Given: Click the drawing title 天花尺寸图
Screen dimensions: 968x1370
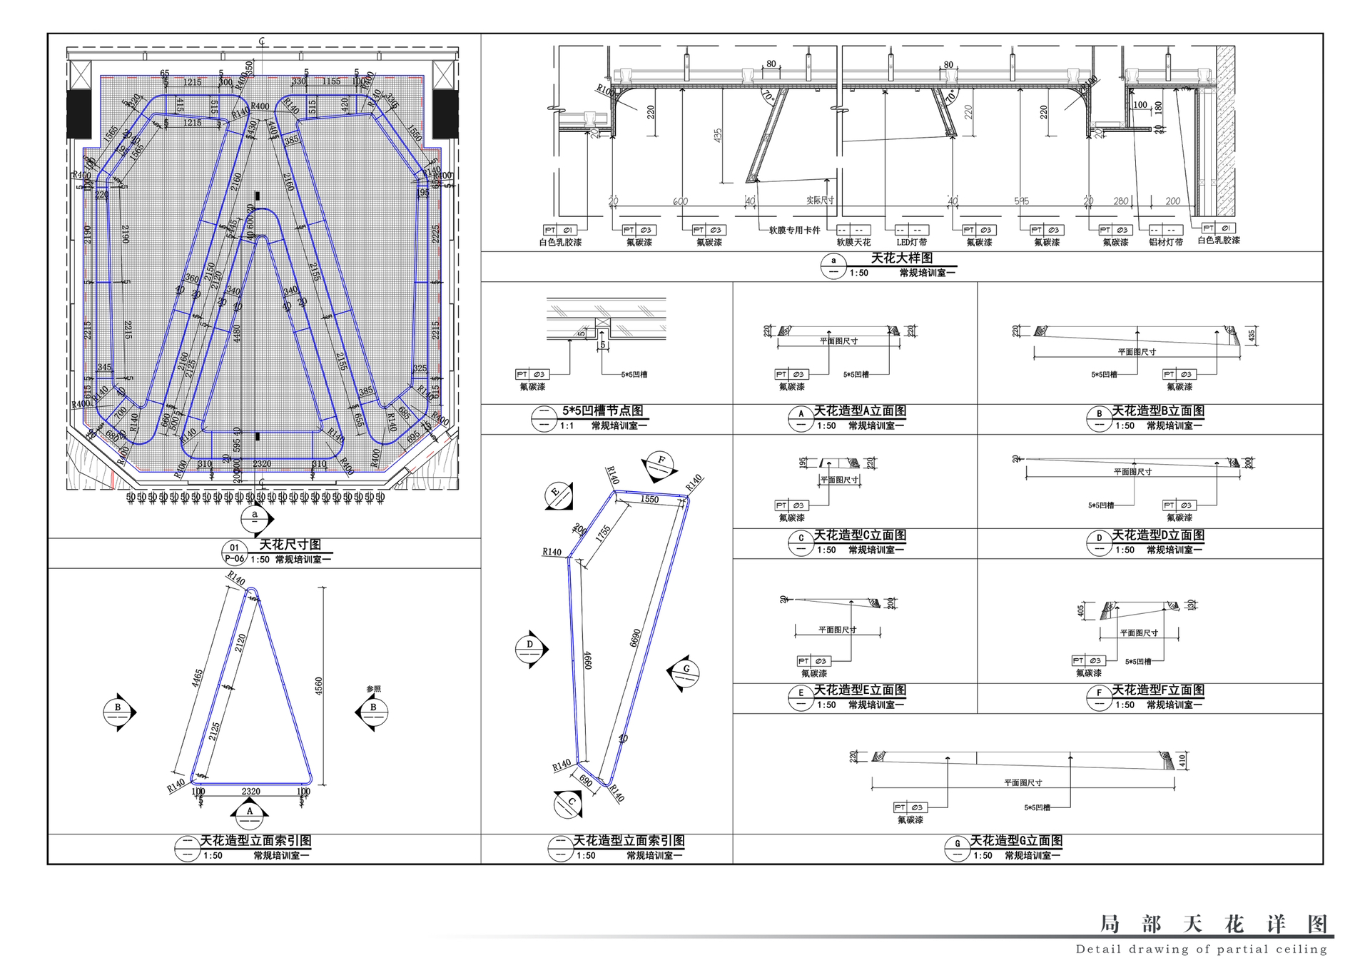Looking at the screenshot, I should click(290, 545).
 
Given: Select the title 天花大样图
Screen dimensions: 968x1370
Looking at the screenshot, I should click(901, 258).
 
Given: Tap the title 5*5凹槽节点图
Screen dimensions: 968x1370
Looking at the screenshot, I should click(602, 410).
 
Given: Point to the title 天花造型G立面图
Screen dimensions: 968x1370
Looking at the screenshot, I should click(1016, 840).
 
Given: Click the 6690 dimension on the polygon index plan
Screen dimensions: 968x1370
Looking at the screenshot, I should click(636, 637).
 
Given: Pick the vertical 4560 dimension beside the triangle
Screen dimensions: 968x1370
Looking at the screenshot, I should click(319, 686).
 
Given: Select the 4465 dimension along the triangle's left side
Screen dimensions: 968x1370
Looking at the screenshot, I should click(198, 683).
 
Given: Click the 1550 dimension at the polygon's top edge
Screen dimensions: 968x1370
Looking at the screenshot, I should click(649, 499).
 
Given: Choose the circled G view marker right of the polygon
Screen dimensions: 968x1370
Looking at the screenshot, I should click(686, 670).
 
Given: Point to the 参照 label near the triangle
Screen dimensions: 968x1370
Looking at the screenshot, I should click(373, 689).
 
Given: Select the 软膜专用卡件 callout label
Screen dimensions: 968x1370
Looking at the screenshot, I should click(794, 231).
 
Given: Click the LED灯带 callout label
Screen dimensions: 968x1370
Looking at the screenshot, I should click(911, 242).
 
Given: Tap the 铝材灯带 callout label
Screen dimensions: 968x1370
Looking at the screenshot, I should click(1166, 242).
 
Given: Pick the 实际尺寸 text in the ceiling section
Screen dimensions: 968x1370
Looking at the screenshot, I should click(820, 201).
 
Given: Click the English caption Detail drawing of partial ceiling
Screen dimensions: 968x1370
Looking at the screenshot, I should click(1202, 949).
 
